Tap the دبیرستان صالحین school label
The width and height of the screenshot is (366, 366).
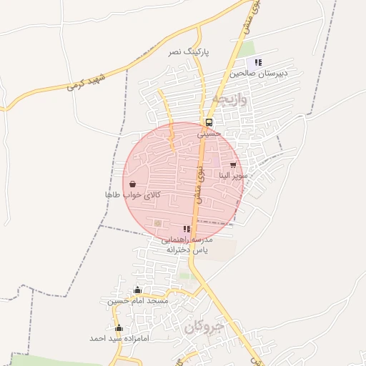tap(258, 73)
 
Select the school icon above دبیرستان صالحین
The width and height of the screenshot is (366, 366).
tap(258, 62)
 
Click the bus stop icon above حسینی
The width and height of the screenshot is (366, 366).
tap(209, 122)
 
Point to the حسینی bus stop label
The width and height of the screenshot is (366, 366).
tap(209, 133)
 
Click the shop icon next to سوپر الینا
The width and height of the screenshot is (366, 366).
tap(233, 165)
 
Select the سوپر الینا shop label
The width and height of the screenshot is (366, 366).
tap(233, 175)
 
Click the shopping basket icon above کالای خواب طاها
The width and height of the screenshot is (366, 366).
tap(133, 184)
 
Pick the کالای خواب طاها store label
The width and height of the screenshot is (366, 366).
tap(133, 194)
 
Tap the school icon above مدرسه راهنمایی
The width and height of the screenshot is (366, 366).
tap(187, 229)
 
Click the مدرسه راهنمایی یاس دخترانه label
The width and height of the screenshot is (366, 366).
tap(187, 245)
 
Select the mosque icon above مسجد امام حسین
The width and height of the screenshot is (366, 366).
tap(138, 290)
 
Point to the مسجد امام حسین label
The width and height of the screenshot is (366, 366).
tap(138, 301)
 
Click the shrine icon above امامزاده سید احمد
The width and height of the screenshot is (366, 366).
tap(119, 327)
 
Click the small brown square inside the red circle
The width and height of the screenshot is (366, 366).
tap(157, 224)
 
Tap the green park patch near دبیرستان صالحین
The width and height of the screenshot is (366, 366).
tap(247, 50)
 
